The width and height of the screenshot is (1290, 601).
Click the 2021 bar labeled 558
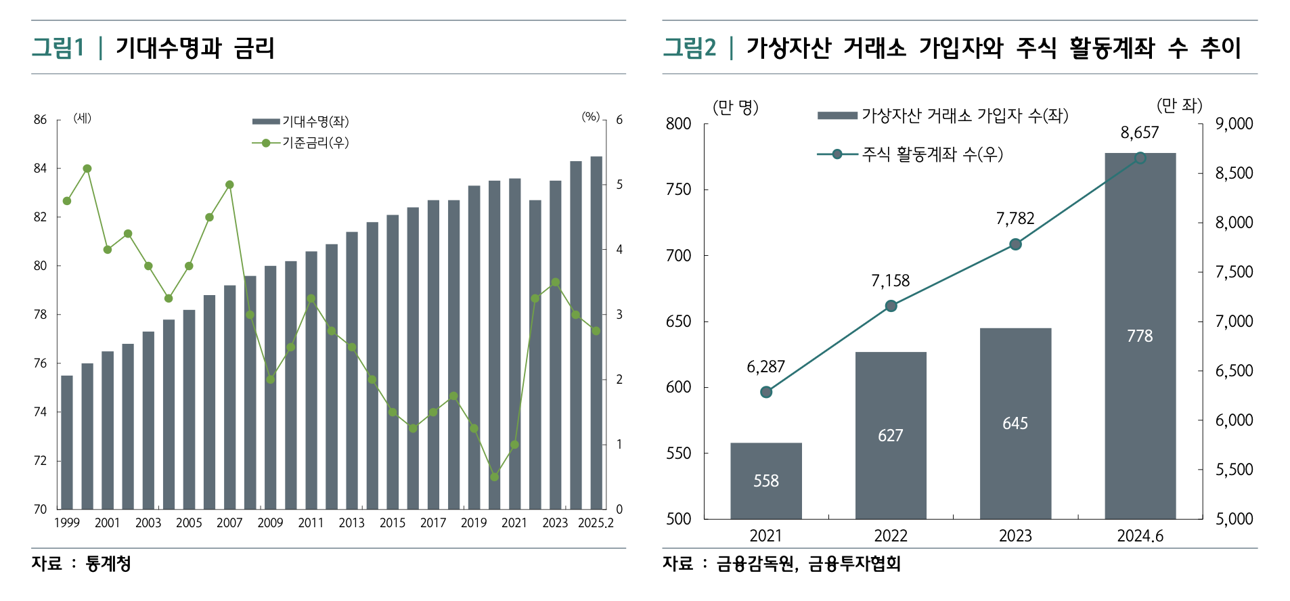[x=765, y=481]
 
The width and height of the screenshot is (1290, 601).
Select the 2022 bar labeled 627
[x=890, y=435]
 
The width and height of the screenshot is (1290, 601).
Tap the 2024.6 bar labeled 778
[x=1140, y=336]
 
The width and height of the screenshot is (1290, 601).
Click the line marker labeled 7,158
[x=891, y=306]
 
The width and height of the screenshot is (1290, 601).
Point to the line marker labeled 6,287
[x=766, y=392]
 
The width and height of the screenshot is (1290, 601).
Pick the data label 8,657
[x=1139, y=133]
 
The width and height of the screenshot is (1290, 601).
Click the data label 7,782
[x=1015, y=219]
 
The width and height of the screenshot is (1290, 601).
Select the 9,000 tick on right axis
[x=1234, y=124]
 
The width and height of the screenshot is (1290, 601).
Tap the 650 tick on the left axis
[x=678, y=321]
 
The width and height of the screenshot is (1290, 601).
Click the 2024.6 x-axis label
[x=1140, y=536]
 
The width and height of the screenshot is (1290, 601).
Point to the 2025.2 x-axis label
[x=596, y=522]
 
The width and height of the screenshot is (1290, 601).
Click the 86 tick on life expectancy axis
[x=41, y=120]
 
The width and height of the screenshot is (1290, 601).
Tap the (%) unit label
[x=590, y=117]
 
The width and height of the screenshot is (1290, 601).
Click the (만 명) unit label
[x=735, y=107]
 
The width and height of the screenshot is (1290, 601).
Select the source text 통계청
[x=108, y=563]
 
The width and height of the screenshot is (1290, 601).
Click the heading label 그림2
[x=689, y=47]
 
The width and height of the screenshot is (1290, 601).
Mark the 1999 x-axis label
[x=66, y=522]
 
